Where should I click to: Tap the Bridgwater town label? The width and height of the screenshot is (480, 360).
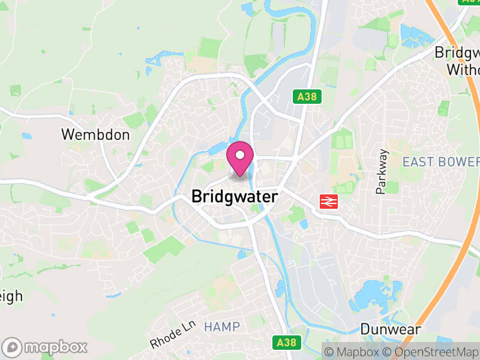coord(235,196)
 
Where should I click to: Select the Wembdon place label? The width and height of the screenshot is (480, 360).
coord(95,134)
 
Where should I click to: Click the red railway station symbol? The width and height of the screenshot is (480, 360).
coord(328,202)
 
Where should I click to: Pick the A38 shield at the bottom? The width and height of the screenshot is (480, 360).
coord(287,343)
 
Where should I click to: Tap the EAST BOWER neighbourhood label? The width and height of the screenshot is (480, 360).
coord(441,161)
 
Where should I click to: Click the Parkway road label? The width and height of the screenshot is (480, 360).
coord(382,172)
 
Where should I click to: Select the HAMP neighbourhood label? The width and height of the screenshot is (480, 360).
coord(221,327)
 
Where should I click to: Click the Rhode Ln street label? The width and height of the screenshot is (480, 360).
coord(173,334)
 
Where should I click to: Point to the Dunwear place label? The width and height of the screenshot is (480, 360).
coord(390,329)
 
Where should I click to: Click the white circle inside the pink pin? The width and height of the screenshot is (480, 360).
coord(240,155)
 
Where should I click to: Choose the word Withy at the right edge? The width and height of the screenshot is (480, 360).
coord(463,70)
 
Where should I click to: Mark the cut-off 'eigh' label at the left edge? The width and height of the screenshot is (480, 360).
coord(11,296)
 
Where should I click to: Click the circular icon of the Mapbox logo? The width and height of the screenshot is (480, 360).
coord(12,347)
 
